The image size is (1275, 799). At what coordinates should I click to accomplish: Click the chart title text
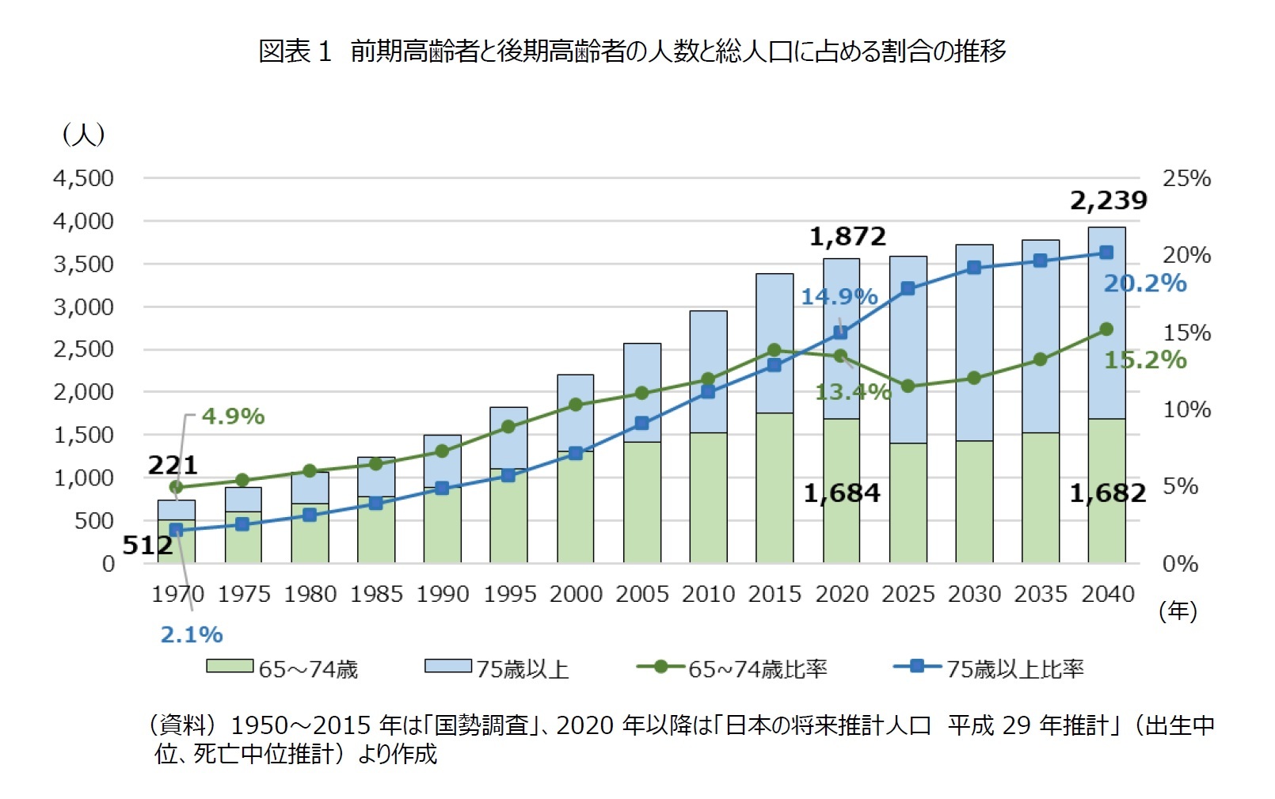click(x=631, y=51)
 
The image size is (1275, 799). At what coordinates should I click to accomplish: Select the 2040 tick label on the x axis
click(x=1107, y=594)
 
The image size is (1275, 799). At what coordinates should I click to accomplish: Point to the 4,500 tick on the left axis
click(x=83, y=179)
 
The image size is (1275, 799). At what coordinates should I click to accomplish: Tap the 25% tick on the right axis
click(x=1186, y=179)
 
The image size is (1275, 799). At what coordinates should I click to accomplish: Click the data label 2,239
click(x=1108, y=201)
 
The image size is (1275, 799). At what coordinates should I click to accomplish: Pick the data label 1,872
click(x=847, y=237)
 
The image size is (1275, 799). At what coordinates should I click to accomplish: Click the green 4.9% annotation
click(x=233, y=417)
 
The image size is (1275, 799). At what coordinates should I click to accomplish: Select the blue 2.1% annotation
click(x=192, y=634)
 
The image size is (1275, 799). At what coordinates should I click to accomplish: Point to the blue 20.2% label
click(x=1145, y=283)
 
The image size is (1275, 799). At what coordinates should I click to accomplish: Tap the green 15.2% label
click(x=1145, y=360)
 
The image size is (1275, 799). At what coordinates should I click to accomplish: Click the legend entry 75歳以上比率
click(x=1015, y=669)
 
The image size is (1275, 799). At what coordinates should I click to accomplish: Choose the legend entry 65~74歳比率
click(x=757, y=669)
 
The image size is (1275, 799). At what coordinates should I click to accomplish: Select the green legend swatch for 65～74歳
click(x=230, y=667)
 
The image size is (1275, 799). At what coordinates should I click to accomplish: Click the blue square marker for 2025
click(x=908, y=288)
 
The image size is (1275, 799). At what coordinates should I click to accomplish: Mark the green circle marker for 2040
click(x=1106, y=329)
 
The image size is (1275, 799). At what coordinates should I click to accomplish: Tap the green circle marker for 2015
click(x=775, y=350)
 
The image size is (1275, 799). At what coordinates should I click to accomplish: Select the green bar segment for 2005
click(x=642, y=502)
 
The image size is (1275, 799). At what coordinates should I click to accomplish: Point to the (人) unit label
click(x=83, y=134)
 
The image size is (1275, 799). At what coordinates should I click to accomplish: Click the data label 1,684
click(x=842, y=493)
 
